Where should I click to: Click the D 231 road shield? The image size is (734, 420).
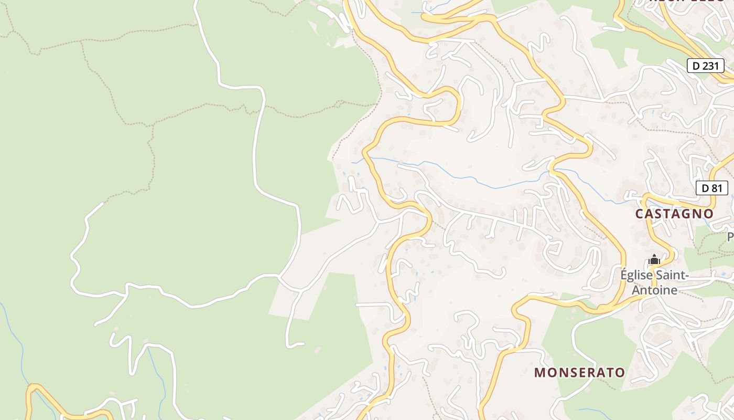point(705,66)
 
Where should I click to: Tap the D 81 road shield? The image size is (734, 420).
point(712,188)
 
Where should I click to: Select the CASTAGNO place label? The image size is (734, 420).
point(674,214)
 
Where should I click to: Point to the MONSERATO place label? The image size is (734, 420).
point(579,373)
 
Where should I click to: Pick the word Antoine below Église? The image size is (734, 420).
point(654,290)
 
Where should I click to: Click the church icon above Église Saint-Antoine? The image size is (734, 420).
point(654,259)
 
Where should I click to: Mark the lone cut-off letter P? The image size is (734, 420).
point(730,237)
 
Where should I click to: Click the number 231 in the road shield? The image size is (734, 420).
point(711,66)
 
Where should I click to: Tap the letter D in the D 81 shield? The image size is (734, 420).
point(705,188)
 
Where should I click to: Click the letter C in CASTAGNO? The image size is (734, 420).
point(639,214)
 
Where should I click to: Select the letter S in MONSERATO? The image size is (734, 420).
point(570,373)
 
